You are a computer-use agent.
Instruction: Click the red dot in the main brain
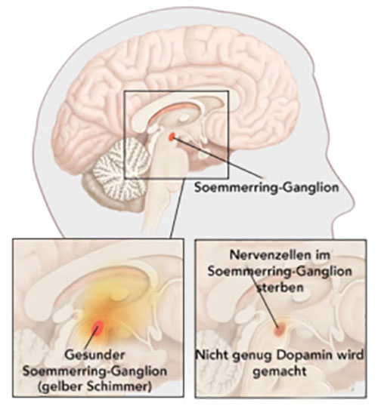(x=172, y=137)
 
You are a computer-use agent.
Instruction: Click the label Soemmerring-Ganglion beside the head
(x=267, y=187)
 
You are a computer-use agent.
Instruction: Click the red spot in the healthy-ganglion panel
(x=98, y=328)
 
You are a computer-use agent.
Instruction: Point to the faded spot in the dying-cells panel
(x=280, y=329)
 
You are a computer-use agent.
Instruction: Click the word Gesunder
(x=94, y=355)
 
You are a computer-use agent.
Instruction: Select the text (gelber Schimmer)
(x=94, y=387)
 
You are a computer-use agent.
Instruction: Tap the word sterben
(x=280, y=288)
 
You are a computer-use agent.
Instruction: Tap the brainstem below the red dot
(x=166, y=181)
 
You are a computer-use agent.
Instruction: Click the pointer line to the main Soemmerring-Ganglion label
(x=218, y=158)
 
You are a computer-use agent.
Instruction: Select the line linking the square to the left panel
(x=178, y=208)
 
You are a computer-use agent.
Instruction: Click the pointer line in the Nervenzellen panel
(x=265, y=300)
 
